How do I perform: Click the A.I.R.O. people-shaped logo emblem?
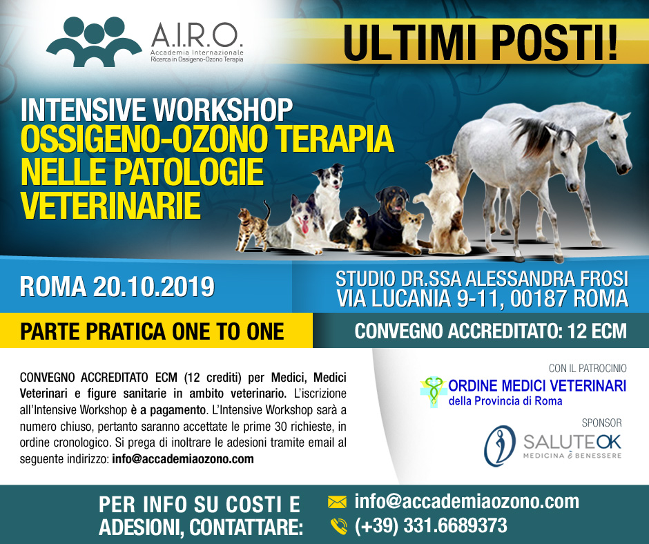[95, 41]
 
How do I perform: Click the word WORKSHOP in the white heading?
[223, 110]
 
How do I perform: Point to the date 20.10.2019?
[154, 286]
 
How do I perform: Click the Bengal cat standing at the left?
[253, 227]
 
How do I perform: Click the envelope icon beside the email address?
[337, 502]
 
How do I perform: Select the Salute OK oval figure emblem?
[500, 446]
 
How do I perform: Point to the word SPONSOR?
[602, 422]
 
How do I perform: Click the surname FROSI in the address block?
[604, 279]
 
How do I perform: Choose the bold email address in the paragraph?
[183, 459]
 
